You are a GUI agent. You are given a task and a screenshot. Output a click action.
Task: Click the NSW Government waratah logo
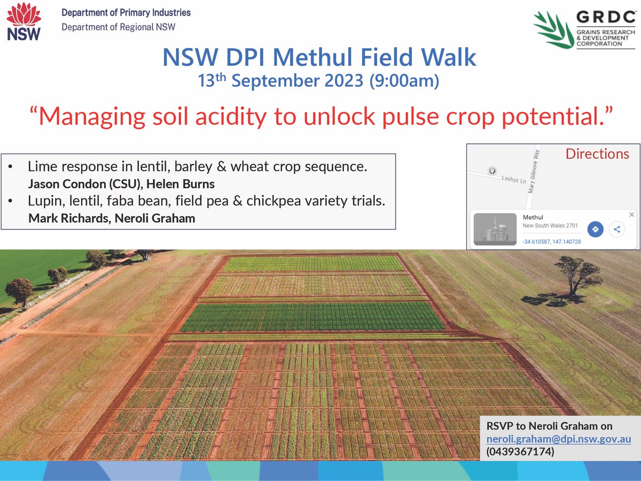coord(23,22)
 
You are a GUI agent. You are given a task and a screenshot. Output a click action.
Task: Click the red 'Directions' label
coord(597,154)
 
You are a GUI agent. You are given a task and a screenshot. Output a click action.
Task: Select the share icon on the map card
coord(616,229)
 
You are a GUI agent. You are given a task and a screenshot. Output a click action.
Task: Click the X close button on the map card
coord(631,214)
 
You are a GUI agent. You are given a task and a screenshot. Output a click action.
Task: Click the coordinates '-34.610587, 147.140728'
coord(551,242)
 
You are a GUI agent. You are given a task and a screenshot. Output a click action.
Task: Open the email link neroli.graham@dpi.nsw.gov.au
coord(559,439)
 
